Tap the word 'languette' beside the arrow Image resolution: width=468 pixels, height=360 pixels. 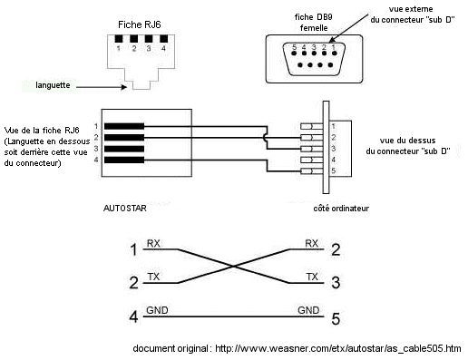pos(54,85)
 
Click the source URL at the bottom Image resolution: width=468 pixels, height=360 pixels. pos(296,348)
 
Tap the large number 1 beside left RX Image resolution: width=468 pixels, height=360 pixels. pos(134,248)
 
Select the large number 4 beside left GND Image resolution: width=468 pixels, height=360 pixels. pos(134,317)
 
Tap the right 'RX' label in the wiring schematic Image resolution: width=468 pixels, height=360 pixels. pos(312,242)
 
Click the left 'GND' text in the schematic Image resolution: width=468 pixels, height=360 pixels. pos(157,311)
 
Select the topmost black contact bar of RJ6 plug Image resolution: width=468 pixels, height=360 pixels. pos(123,125)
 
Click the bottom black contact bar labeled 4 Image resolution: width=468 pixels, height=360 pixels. pos(123,160)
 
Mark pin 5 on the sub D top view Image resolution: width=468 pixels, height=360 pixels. pos(333,171)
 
